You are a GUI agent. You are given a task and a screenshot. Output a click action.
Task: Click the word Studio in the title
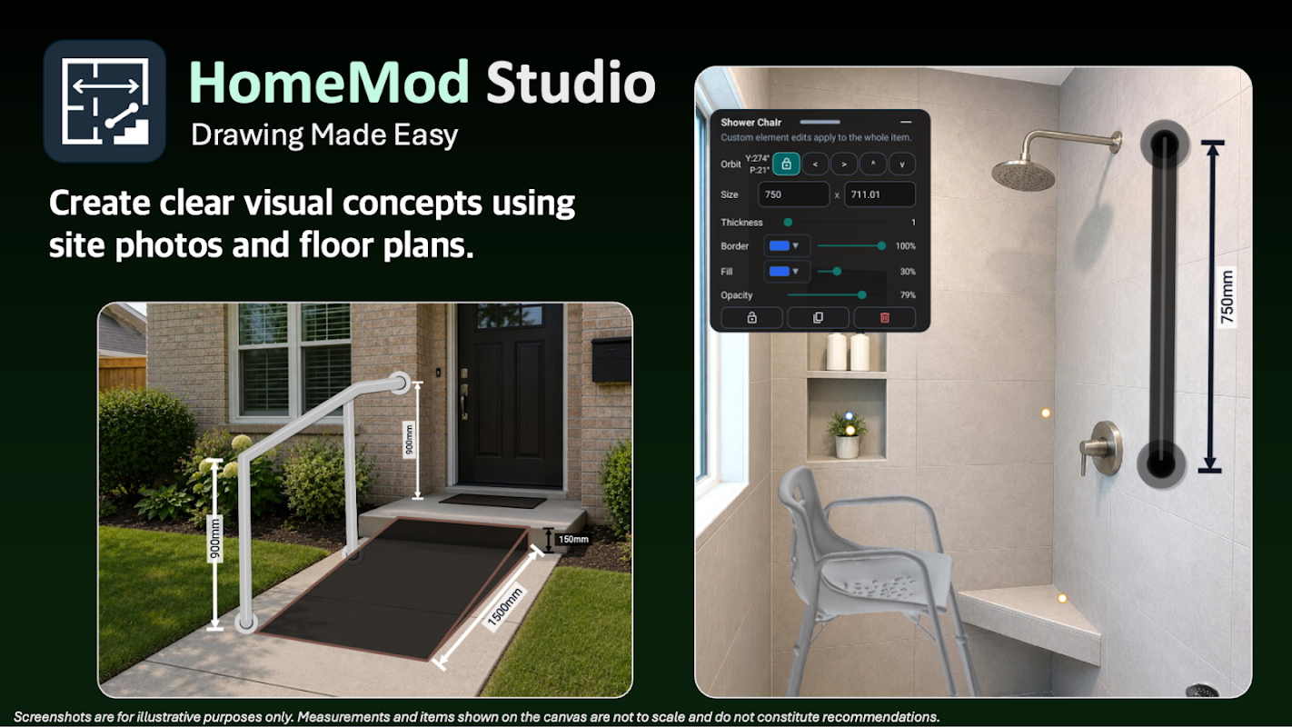coord(571,83)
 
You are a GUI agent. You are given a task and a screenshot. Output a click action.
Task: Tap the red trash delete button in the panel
coord(884,318)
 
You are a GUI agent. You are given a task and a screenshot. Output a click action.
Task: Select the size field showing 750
coord(793,194)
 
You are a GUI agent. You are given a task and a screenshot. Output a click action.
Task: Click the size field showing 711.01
coord(880,194)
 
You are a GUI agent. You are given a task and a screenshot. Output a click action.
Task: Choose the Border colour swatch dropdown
coord(787,245)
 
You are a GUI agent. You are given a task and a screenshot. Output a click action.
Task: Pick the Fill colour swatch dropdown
coord(787,271)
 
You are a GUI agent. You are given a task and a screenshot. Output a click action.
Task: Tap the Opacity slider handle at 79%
coord(861,294)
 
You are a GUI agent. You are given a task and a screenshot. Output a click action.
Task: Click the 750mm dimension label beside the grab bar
coord(1227,296)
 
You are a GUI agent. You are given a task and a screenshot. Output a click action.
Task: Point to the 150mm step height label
coord(572,539)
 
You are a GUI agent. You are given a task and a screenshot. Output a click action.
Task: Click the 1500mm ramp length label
coord(504,606)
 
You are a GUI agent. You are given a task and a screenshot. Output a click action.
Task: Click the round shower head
coord(1023,174)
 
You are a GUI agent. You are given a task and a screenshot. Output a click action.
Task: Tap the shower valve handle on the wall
coord(1100,448)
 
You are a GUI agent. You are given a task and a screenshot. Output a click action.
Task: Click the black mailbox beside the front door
coord(611,359)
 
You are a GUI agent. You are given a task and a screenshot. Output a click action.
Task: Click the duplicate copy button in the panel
coord(818,318)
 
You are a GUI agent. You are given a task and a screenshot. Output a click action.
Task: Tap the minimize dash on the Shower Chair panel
coord(906,122)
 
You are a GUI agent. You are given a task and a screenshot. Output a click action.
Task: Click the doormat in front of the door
coord(493,500)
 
